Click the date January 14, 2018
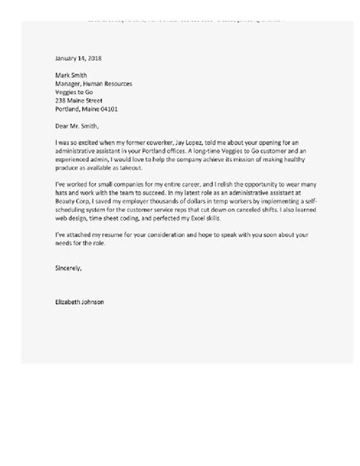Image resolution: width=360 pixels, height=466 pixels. (x=79, y=58)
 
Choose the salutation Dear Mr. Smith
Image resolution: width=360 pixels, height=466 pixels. (x=77, y=125)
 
